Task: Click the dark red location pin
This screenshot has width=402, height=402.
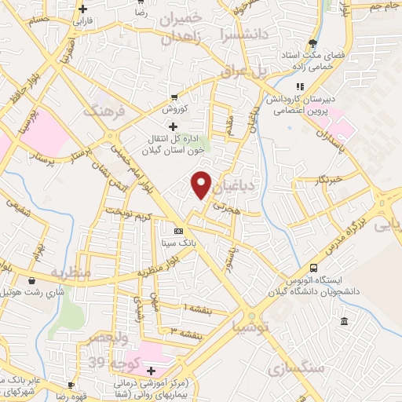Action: tap(202, 185)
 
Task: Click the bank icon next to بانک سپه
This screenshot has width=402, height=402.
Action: tap(178, 231)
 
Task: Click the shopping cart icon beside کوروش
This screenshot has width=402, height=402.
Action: tap(174, 99)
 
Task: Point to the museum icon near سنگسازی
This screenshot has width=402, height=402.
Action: tap(345, 321)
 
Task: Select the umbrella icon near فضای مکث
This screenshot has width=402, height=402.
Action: tap(313, 43)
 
